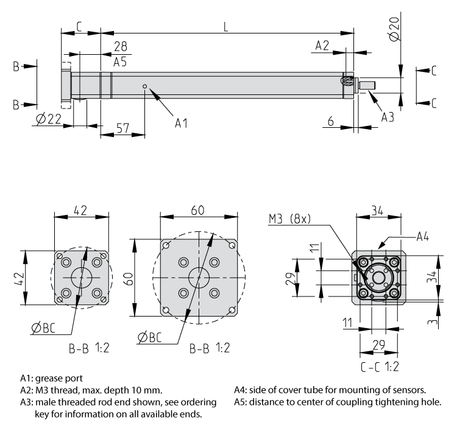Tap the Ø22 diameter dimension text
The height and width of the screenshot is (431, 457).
48,120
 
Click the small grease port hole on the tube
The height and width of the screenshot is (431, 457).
145,86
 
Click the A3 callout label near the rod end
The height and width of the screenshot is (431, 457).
388,117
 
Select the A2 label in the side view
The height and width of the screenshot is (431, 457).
322,46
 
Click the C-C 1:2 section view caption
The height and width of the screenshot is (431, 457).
381,367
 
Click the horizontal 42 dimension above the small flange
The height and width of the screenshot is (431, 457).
80,210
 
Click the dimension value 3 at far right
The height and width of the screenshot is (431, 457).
434,321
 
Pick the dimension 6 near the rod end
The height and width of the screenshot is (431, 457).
330,122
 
